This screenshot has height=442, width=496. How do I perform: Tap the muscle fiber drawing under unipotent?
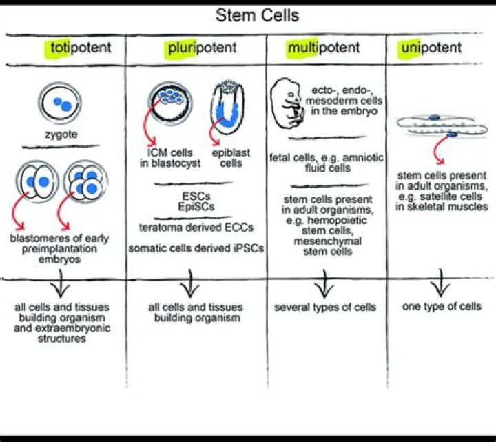(x=434, y=128)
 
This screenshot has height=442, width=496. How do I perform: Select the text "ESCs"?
(x=195, y=195)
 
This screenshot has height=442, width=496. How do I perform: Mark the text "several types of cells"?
(x=325, y=307)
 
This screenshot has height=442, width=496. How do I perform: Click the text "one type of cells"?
(x=442, y=306)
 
